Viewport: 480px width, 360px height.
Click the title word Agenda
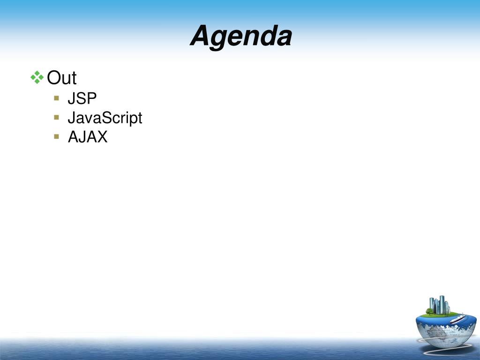pyautogui.click(x=241, y=36)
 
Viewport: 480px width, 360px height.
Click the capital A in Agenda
pyautogui.click(x=202, y=35)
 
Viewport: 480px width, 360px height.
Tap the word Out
pyautogui.click(x=61, y=78)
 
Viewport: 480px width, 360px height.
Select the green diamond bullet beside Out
pyautogui.click(x=37, y=77)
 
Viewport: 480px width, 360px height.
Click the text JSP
pyautogui.click(x=82, y=98)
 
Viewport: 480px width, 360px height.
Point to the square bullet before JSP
pyautogui.click(x=56, y=98)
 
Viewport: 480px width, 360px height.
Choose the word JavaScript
pyautogui.click(x=105, y=118)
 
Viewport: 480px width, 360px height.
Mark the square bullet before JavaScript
pyautogui.click(x=56, y=117)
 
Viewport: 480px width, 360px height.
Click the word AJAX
pyautogui.click(x=88, y=137)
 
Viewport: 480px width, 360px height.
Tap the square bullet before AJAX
pyautogui.click(x=56, y=136)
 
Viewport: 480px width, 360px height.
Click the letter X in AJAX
pyautogui.click(x=102, y=137)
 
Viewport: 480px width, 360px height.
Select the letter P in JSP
pyautogui.click(x=91, y=98)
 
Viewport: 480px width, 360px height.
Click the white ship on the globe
pyautogui.click(x=457, y=319)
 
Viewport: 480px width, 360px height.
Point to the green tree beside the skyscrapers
pyautogui.click(x=429, y=311)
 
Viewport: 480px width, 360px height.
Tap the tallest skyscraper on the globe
pyautogui.click(x=442, y=305)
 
